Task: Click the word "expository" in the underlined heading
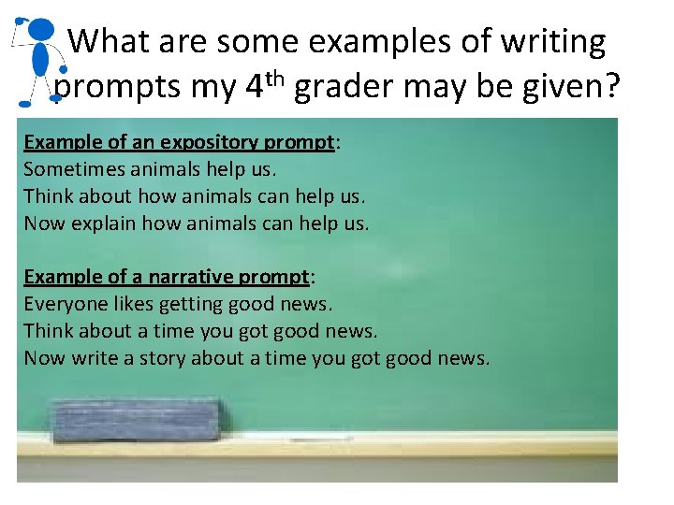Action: (x=213, y=143)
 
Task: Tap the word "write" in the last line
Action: (x=91, y=358)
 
